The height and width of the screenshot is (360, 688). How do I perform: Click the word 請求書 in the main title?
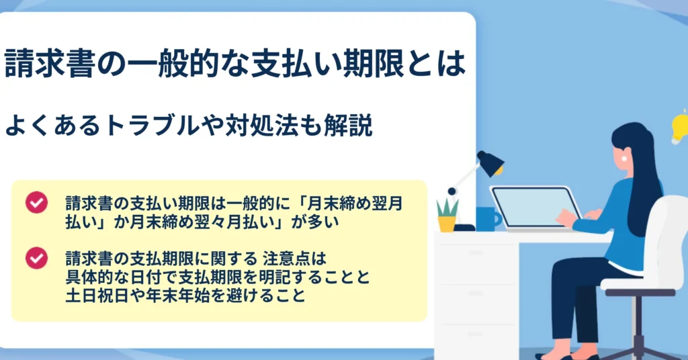pos(50,63)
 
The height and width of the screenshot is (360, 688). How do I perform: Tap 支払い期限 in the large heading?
pos(327,63)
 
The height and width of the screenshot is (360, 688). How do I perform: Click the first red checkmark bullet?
pos(36,203)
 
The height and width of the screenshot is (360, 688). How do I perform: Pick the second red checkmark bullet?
pos(36,258)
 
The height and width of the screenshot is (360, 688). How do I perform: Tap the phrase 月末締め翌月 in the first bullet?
pos(354,204)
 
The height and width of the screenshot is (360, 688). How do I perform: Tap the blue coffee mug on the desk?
pos(488,219)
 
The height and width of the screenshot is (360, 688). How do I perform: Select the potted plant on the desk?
pos(447,216)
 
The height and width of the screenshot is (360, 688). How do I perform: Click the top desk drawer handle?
pos(476,253)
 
